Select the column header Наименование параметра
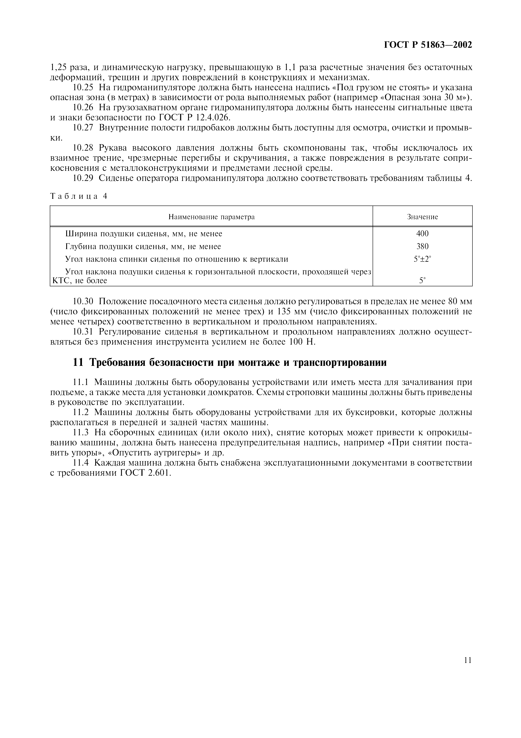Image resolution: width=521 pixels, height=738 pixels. pyautogui.click(x=212, y=217)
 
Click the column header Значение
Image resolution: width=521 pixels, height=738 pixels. pyautogui.click(x=422, y=217)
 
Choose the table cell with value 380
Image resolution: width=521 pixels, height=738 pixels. pyautogui.click(x=422, y=247)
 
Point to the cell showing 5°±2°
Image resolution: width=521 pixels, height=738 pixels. pyautogui.click(x=422, y=259)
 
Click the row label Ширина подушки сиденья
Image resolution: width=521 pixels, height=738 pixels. pyautogui.click(x=144, y=234)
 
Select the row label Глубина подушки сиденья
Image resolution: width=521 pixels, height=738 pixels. pyautogui.click(x=143, y=247)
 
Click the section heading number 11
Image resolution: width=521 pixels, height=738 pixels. pyautogui.click(x=79, y=362)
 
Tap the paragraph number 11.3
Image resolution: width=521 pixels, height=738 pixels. pyautogui.click(x=80, y=433)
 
